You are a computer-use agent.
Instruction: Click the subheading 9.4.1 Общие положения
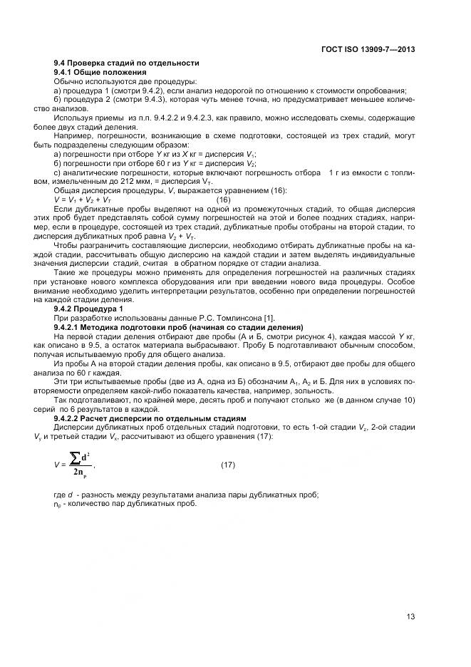(100, 73)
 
